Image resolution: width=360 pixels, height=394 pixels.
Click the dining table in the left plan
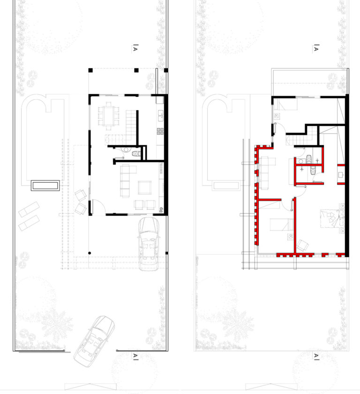coord(109,116)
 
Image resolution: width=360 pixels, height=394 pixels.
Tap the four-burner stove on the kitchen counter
coord(160,131)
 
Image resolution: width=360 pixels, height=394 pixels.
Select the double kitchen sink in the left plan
coord(160,115)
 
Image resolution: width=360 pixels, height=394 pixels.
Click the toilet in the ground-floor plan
coord(136,154)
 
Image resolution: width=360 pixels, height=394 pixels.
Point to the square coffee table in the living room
coord(145,187)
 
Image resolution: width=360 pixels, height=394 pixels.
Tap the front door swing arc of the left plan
coord(99,206)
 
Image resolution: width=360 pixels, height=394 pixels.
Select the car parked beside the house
coord(149,244)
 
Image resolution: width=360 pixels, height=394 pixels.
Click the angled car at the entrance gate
coord(94,341)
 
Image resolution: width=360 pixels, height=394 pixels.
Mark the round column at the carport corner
coord(90,253)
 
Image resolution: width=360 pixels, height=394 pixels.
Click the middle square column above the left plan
coord(136,70)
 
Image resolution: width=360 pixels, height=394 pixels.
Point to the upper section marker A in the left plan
coord(135,48)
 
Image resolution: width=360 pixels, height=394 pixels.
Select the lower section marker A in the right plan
coord(316,356)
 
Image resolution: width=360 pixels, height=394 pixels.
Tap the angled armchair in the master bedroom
coord(302,245)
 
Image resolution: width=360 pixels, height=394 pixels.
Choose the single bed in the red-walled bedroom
coord(282,224)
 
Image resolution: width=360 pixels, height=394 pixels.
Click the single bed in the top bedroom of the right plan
coord(285,104)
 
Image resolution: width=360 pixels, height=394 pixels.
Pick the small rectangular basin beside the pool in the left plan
coord(45,186)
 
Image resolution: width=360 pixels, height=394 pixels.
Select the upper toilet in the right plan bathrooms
coord(309,159)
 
